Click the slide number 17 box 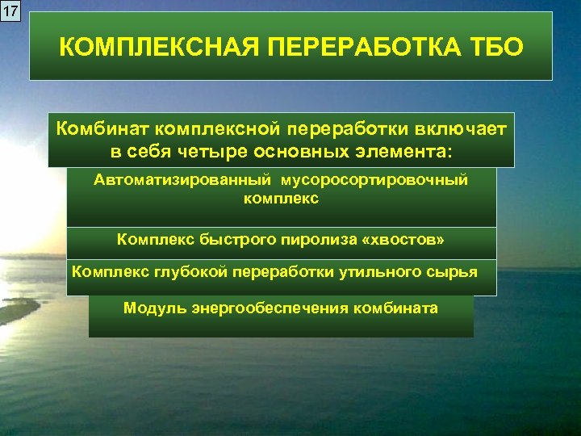pos(10,10)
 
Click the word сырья pos(455,271)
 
